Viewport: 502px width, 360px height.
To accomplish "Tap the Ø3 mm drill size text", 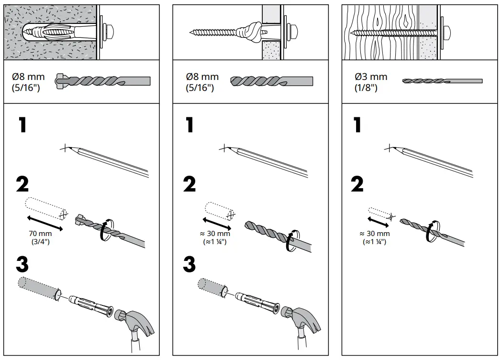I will [x=371, y=77].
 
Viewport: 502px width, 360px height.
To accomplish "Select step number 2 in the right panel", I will [x=357, y=184].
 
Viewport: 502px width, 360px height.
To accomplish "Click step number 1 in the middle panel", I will [x=190, y=125].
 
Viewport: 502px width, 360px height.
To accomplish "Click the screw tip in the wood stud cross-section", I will [x=353, y=33].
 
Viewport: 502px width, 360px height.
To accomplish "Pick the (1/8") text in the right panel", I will [x=366, y=88].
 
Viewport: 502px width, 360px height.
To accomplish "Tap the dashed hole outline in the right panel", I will [x=380, y=213].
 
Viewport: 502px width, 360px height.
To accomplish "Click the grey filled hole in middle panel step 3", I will [x=211, y=286].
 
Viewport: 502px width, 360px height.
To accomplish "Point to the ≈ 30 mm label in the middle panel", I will [x=215, y=234].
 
